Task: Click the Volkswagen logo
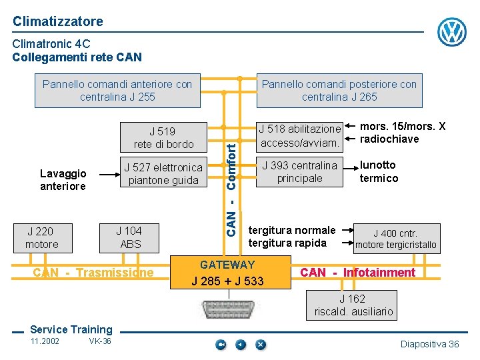tap(452, 31)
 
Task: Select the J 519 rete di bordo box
tap(163, 137)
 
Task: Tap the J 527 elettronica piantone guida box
tap(163, 173)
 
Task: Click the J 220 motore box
tap(42, 238)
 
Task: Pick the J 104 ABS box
tap(131, 238)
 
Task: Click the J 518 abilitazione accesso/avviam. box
tap(300, 135)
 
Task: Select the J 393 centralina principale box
tap(300, 171)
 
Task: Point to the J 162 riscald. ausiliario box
tap(353, 305)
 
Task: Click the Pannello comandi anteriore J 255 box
tap(117, 90)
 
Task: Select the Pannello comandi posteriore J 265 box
tap(339, 90)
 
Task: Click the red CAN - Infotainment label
tap(358, 272)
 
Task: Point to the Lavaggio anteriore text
tap(63, 180)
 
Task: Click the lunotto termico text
tap(379, 171)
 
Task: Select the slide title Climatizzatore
tap(58, 21)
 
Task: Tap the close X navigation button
tap(261, 344)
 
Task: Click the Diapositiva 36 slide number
tap(429, 344)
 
